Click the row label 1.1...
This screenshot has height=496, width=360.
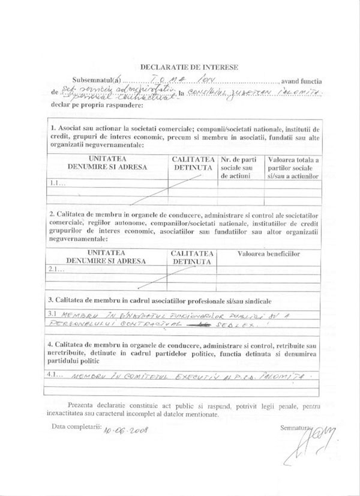click(x=58, y=183)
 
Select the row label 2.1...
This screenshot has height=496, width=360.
click(x=57, y=270)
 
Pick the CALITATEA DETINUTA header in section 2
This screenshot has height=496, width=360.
click(x=192, y=258)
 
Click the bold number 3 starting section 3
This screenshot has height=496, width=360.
click(x=52, y=300)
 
